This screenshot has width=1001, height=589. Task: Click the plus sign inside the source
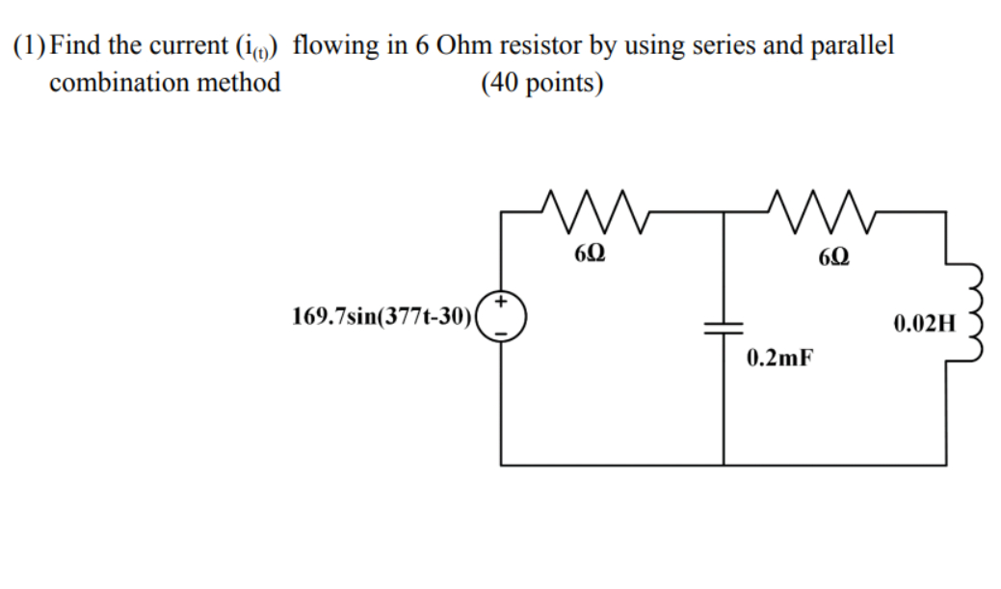[x=502, y=303]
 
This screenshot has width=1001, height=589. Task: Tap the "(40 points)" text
[x=541, y=83]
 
